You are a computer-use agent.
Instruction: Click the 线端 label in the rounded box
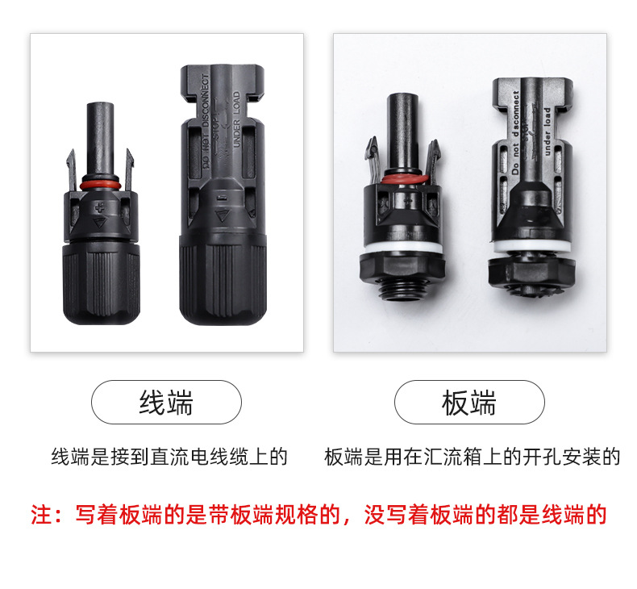pos(165,403)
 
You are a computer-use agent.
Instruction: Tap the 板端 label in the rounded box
pos(468,403)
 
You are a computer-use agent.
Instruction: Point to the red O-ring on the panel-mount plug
pos(401,178)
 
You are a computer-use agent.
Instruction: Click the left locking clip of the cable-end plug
pos(70,165)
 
